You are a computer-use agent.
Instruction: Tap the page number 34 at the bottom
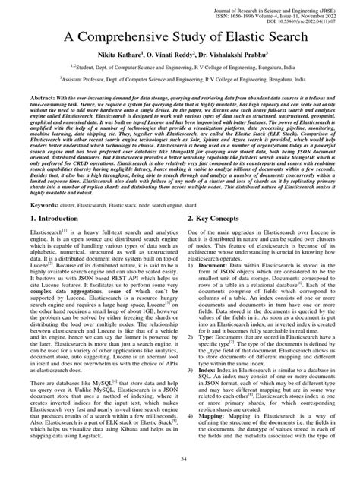pos(179,458)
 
